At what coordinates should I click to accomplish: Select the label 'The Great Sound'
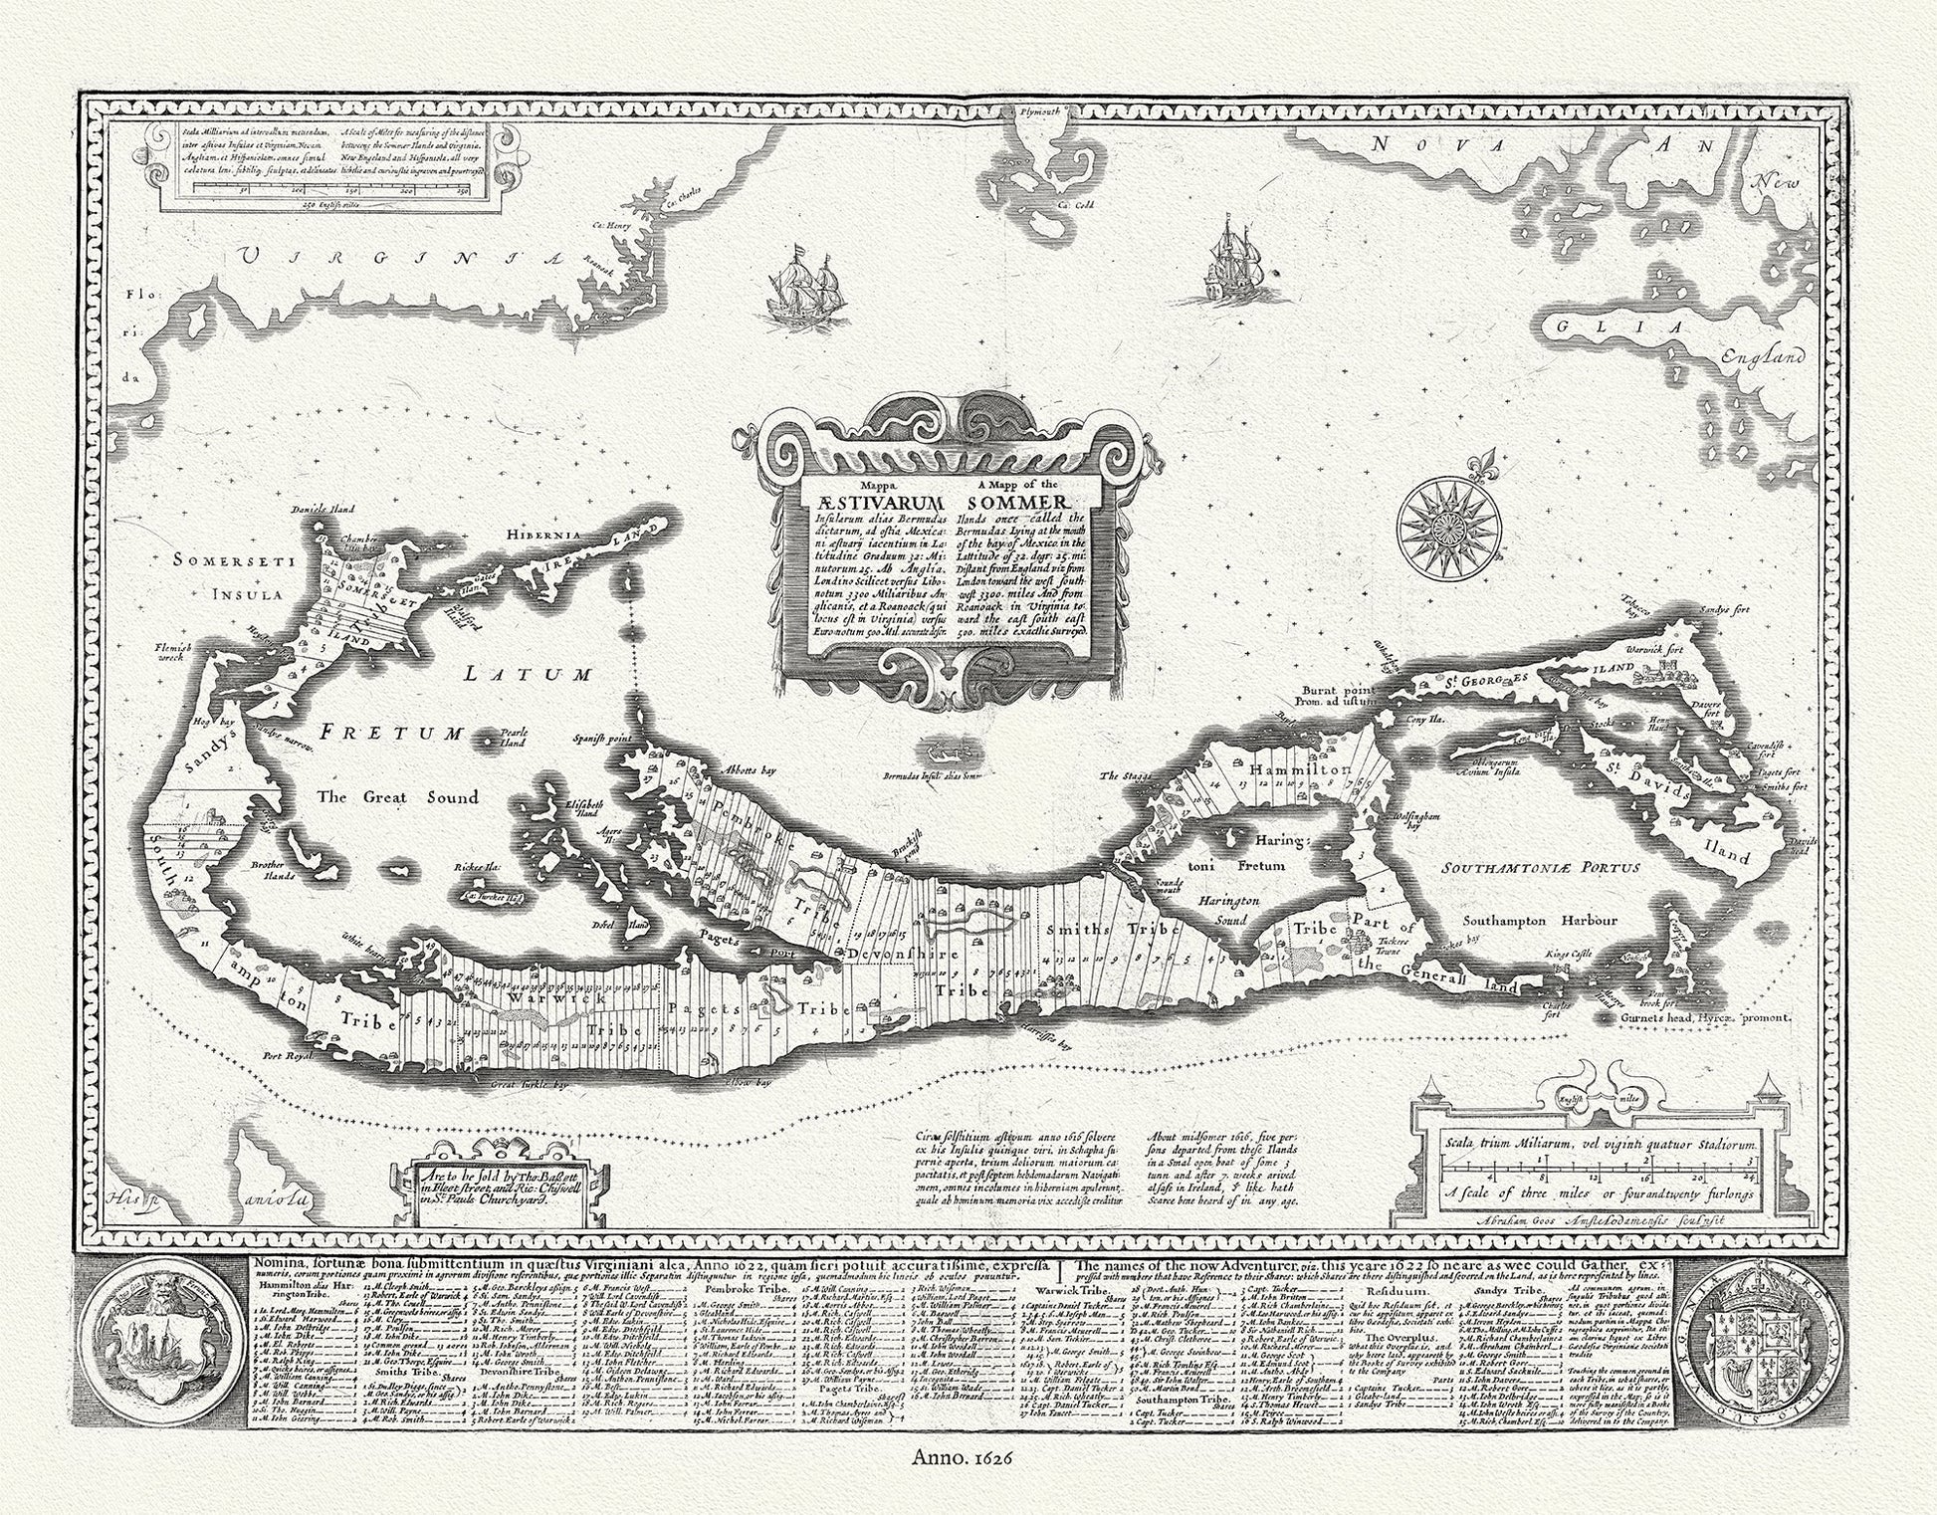coord(396,796)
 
